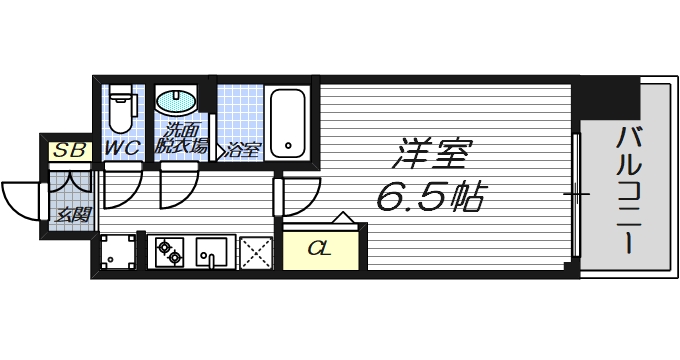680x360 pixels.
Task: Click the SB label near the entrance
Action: [69, 151]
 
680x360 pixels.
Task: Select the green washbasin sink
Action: [176, 101]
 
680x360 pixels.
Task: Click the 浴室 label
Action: [242, 150]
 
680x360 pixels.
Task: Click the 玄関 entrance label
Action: [69, 214]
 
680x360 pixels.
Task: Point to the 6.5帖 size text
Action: [430, 197]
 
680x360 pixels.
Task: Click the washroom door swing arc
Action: [178, 185]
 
